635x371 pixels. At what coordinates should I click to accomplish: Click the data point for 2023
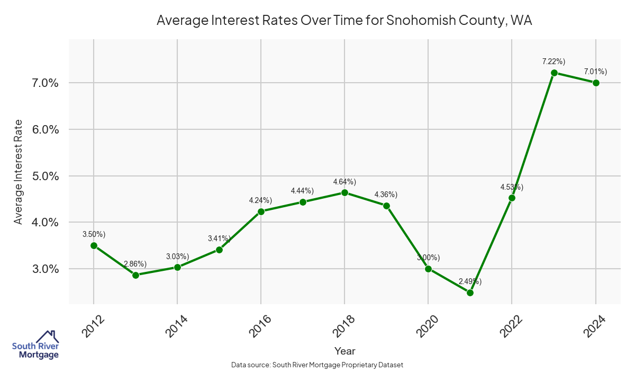tap(554, 73)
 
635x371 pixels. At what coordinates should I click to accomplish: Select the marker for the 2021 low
tap(470, 293)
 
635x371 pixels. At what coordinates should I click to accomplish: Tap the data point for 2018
tap(344, 192)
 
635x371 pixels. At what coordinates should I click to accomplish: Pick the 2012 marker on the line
tap(94, 245)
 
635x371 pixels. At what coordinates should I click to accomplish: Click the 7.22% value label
tap(554, 61)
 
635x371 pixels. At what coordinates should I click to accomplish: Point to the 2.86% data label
tap(135, 264)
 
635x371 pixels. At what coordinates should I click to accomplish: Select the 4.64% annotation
tap(344, 182)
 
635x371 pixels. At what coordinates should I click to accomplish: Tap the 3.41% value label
tap(219, 238)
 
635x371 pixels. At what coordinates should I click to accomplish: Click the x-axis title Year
tap(344, 351)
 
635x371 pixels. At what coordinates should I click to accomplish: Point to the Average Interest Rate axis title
tap(19, 171)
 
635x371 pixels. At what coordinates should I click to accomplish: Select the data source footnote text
tap(317, 365)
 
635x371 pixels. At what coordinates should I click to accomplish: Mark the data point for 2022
tap(512, 198)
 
